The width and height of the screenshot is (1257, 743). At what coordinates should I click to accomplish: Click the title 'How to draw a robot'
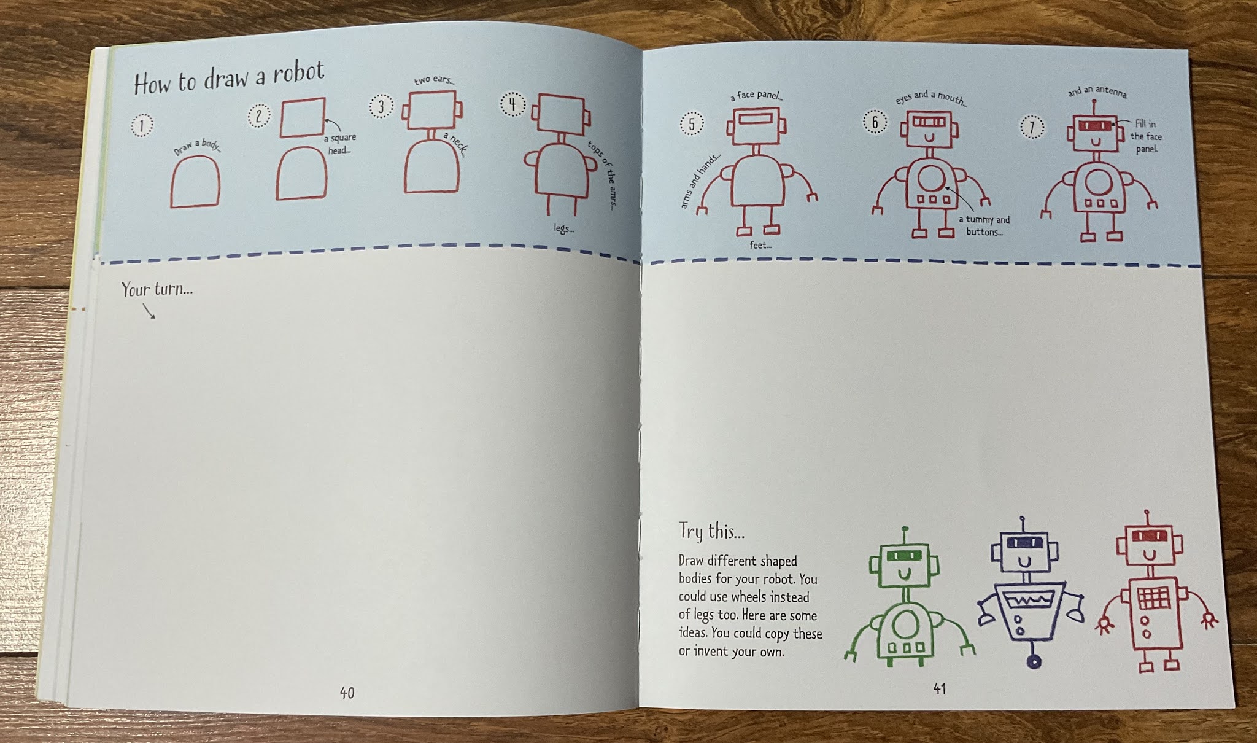[228, 79]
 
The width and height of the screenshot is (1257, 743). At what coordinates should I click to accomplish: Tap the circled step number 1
[142, 126]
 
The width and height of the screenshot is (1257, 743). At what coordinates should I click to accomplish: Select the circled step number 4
[513, 104]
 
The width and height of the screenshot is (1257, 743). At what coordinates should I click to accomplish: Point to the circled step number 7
[1032, 128]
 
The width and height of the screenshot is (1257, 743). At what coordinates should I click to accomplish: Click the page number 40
[347, 693]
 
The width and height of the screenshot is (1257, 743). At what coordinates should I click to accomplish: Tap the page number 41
[939, 689]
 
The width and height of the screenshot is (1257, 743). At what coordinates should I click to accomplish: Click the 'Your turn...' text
[157, 289]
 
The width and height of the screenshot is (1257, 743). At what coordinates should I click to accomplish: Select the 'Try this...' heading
[711, 531]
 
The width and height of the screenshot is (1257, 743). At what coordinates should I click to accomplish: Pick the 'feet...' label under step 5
[760, 245]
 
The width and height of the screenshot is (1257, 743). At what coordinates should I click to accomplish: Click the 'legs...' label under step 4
[563, 228]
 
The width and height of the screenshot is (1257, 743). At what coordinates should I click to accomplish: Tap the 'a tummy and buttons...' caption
[984, 225]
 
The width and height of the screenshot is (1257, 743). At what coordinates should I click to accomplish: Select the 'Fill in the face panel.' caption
[1145, 136]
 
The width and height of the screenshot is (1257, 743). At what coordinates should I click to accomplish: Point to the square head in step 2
[303, 117]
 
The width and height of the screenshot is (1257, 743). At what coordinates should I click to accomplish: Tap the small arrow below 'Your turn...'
[149, 313]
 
